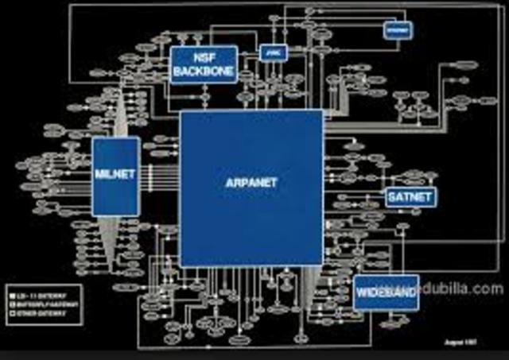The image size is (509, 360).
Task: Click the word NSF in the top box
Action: pos(204,56)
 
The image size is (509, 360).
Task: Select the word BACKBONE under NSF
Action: pos(204,71)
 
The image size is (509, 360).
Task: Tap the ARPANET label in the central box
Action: pos(251,182)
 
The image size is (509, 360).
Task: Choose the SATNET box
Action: pos(411,196)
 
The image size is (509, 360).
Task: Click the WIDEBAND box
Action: pos(386,292)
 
